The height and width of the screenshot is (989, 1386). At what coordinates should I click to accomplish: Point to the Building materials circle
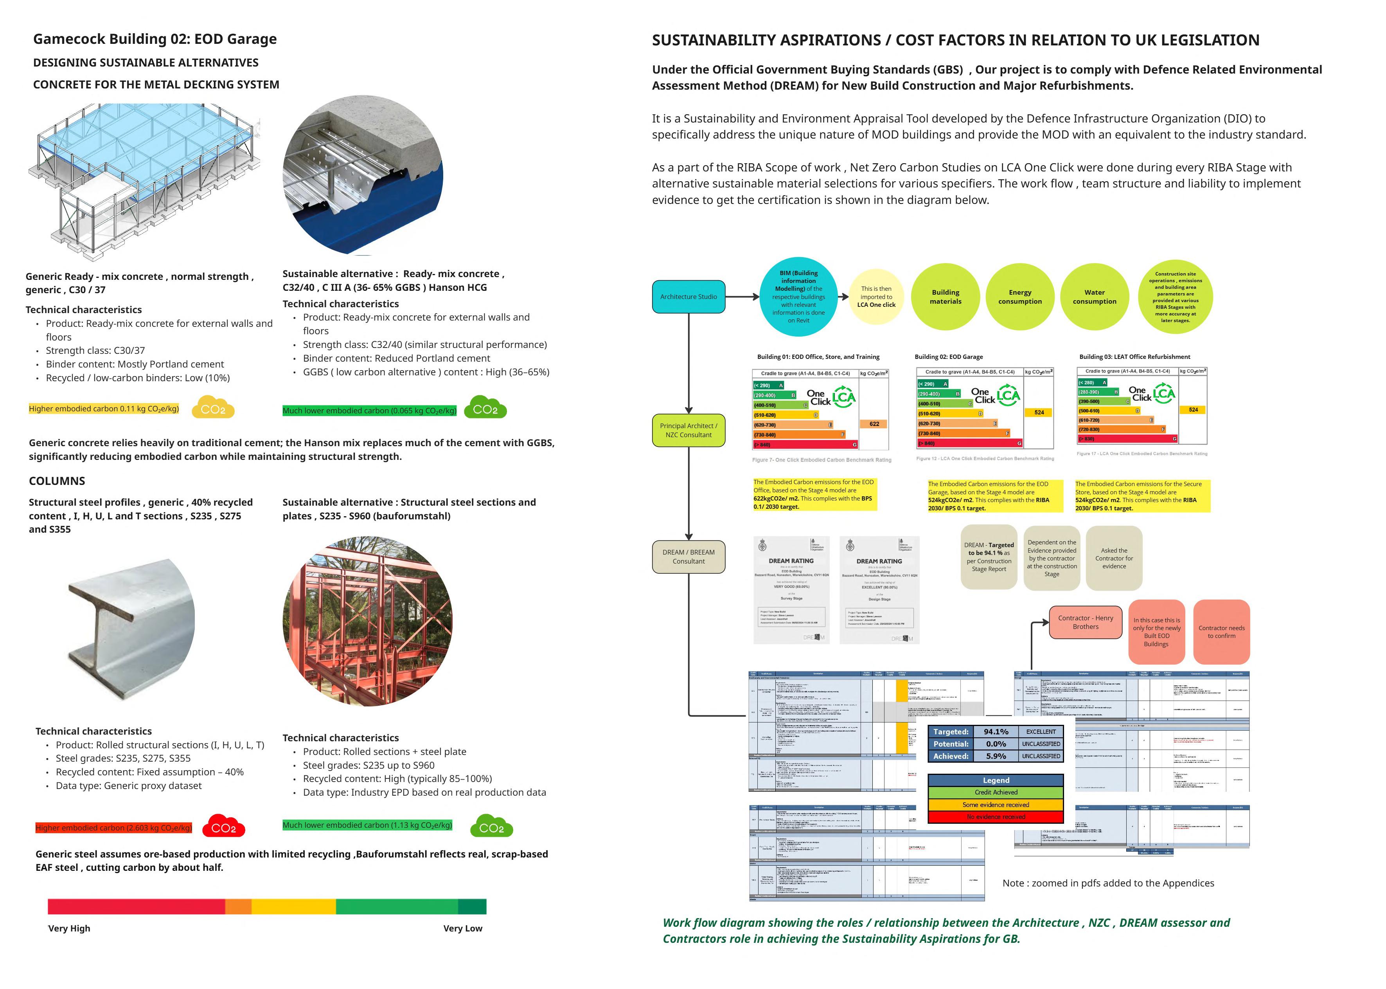click(945, 297)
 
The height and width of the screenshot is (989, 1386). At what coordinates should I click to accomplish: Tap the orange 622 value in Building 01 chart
click(874, 424)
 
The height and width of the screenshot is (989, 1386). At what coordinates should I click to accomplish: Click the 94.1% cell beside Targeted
click(996, 731)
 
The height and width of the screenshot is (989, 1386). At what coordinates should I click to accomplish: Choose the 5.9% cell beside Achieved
click(996, 756)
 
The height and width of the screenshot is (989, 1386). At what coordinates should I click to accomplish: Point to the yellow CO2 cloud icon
click(213, 409)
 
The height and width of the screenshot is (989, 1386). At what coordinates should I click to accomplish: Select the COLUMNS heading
click(57, 481)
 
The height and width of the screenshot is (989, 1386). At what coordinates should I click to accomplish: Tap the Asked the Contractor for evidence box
click(1113, 558)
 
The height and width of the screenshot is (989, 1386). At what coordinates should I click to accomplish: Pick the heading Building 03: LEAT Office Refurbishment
click(1134, 357)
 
